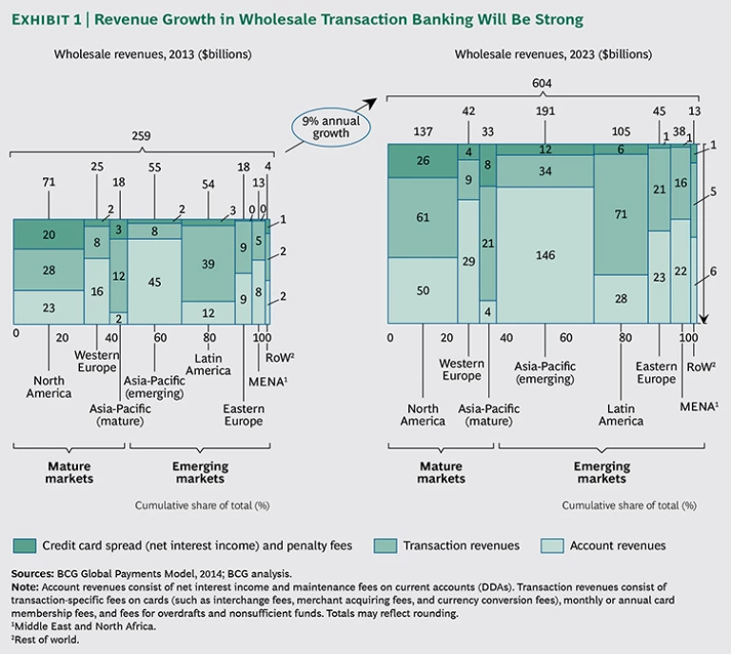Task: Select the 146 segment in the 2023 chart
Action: click(x=543, y=255)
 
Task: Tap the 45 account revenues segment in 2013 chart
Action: click(x=154, y=281)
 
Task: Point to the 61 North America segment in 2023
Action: click(x=423, y=217)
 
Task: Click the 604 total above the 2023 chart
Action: click(x=543, y=84)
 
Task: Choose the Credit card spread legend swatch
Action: click(x=25, y=545)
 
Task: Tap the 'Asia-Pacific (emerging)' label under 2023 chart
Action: click(x=543, y=372)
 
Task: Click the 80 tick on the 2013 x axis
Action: click(x=209, y=336)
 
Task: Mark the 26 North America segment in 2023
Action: click(x=423, y=161)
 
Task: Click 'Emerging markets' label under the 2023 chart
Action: click(x=602, y=472)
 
